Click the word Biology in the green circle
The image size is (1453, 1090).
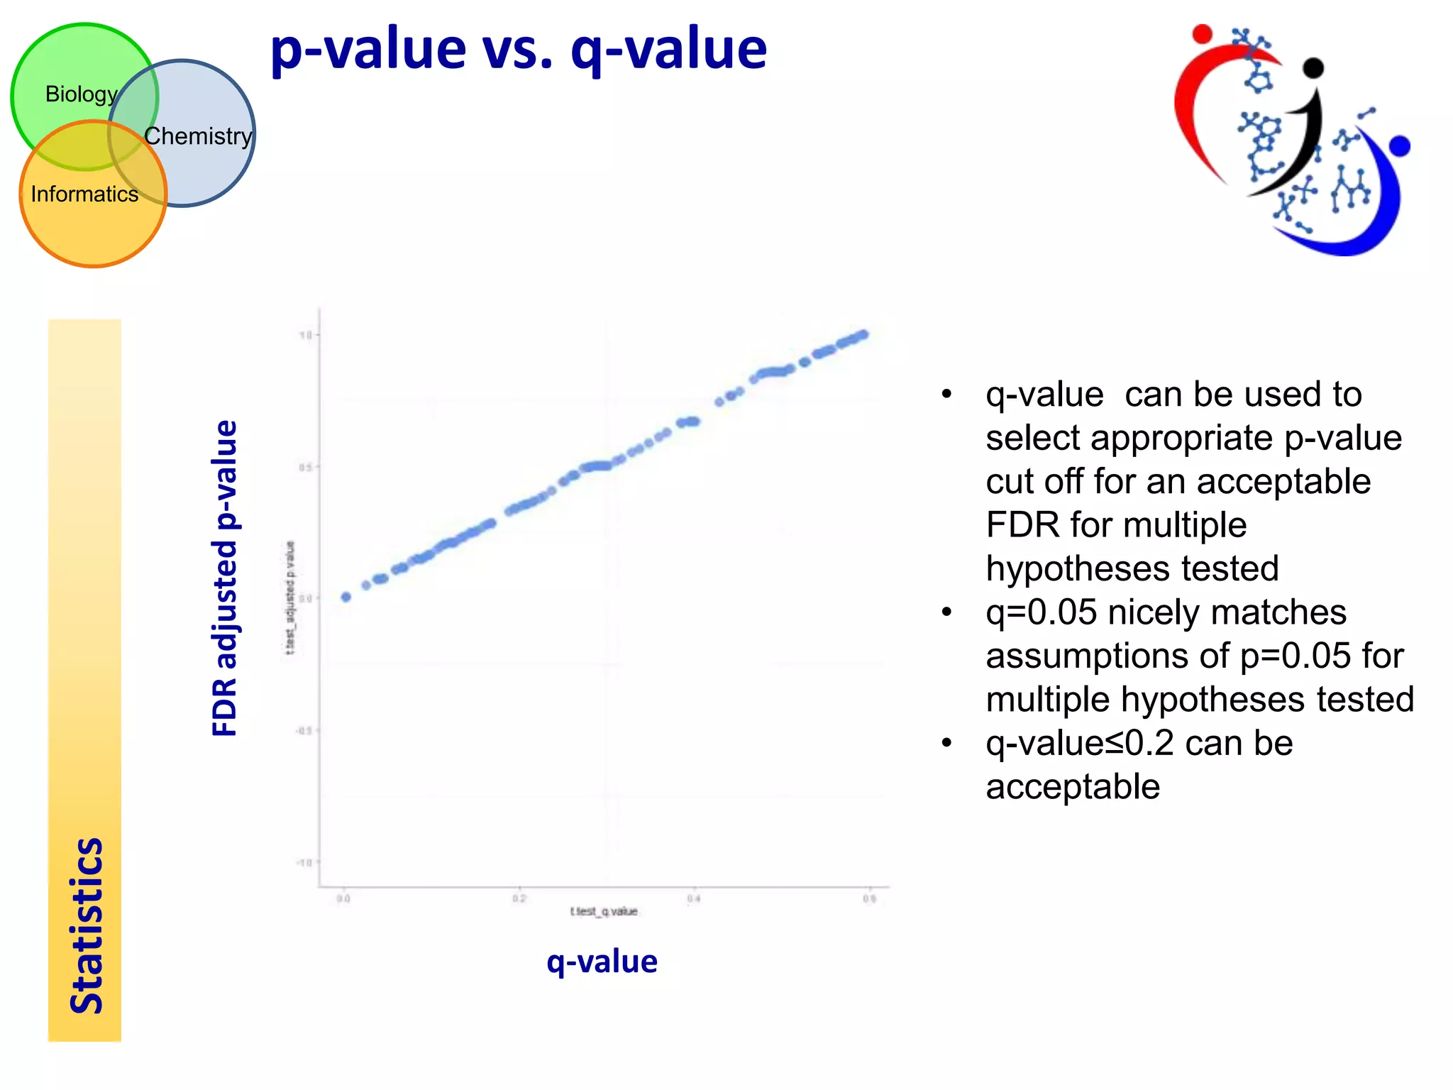[81, 94]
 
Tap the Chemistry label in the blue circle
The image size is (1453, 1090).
[198, 136]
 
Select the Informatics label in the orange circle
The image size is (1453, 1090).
[84, 194]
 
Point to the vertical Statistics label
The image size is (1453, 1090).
[87, 925]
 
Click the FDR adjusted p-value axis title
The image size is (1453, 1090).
[225, 578]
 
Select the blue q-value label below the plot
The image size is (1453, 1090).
[602, 962]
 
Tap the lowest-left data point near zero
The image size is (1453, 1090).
[346, 597]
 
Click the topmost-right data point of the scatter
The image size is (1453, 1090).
[863, 334]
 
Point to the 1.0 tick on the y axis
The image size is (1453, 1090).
[306, 335]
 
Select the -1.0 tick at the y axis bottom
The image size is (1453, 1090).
[304, 862]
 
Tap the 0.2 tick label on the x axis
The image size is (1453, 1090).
[519, 899]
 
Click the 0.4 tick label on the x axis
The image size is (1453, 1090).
[694, 899]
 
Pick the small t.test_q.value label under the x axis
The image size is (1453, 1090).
[604, 911]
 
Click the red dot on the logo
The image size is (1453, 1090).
[1202, 33]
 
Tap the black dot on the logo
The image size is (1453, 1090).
[1313, 68]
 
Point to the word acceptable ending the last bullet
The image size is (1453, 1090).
[1073, 787]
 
